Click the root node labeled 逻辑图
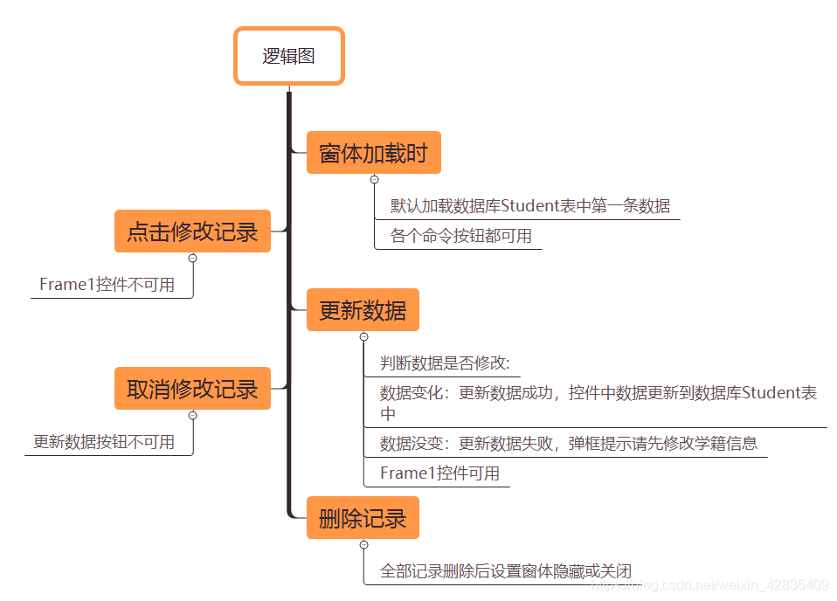point(289,57)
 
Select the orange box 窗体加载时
point(373,154)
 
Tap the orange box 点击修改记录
point(192,231)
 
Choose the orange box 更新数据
point(363,310)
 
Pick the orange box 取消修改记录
point(192,389)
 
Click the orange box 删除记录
point(363,519)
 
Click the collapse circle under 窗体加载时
point(374,179)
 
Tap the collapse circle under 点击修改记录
point(192,258)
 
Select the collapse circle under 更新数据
point(363,336)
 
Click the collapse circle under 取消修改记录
point(192,415)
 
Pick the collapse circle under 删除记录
point(363,545)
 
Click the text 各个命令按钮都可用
point(460,236)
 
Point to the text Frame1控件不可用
point(107,285)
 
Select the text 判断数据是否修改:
point(445,363)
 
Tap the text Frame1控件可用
point(439,473)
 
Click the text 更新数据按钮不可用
point(104,442)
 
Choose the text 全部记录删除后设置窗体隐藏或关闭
point(505,572)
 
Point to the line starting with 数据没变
point(568,444)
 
